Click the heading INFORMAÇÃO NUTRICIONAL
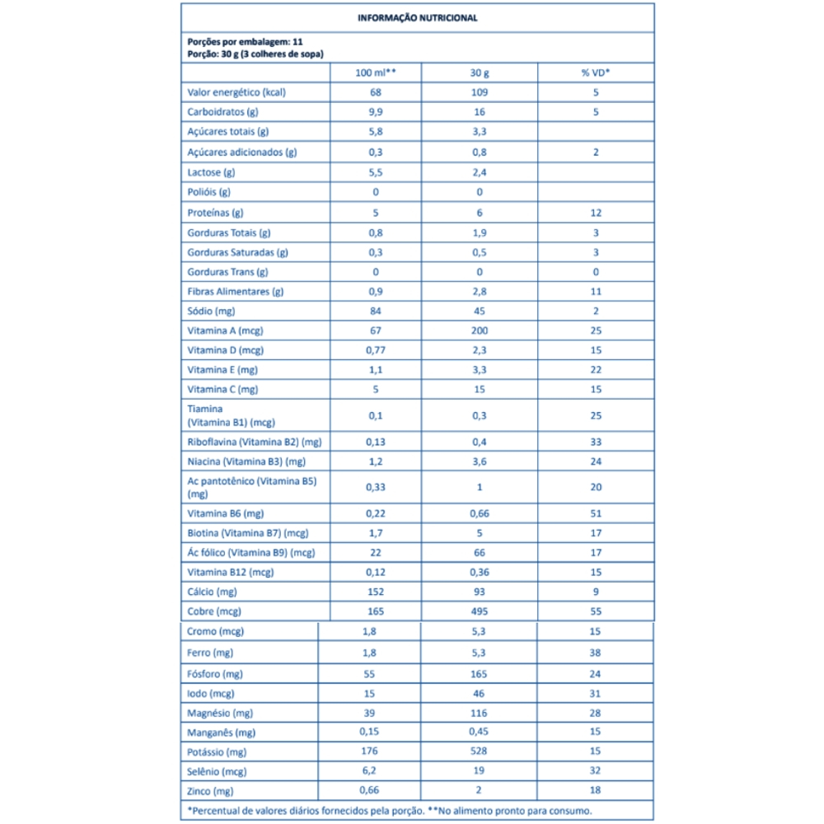tap(417, 16)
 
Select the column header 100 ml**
tap(375, 73)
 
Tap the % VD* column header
tap(596, 73)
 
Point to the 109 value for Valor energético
tap(480, 92)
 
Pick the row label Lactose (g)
tap(212, 172)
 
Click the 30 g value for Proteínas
tap(480, 212)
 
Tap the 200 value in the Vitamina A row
tap(480, 330)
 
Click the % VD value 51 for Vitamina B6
tap(596, 513)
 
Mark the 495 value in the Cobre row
tap(480, 611)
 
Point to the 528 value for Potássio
tap(480, 751)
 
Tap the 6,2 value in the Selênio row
tap(375, 771)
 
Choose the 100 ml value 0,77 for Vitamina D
tap(375, 350)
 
